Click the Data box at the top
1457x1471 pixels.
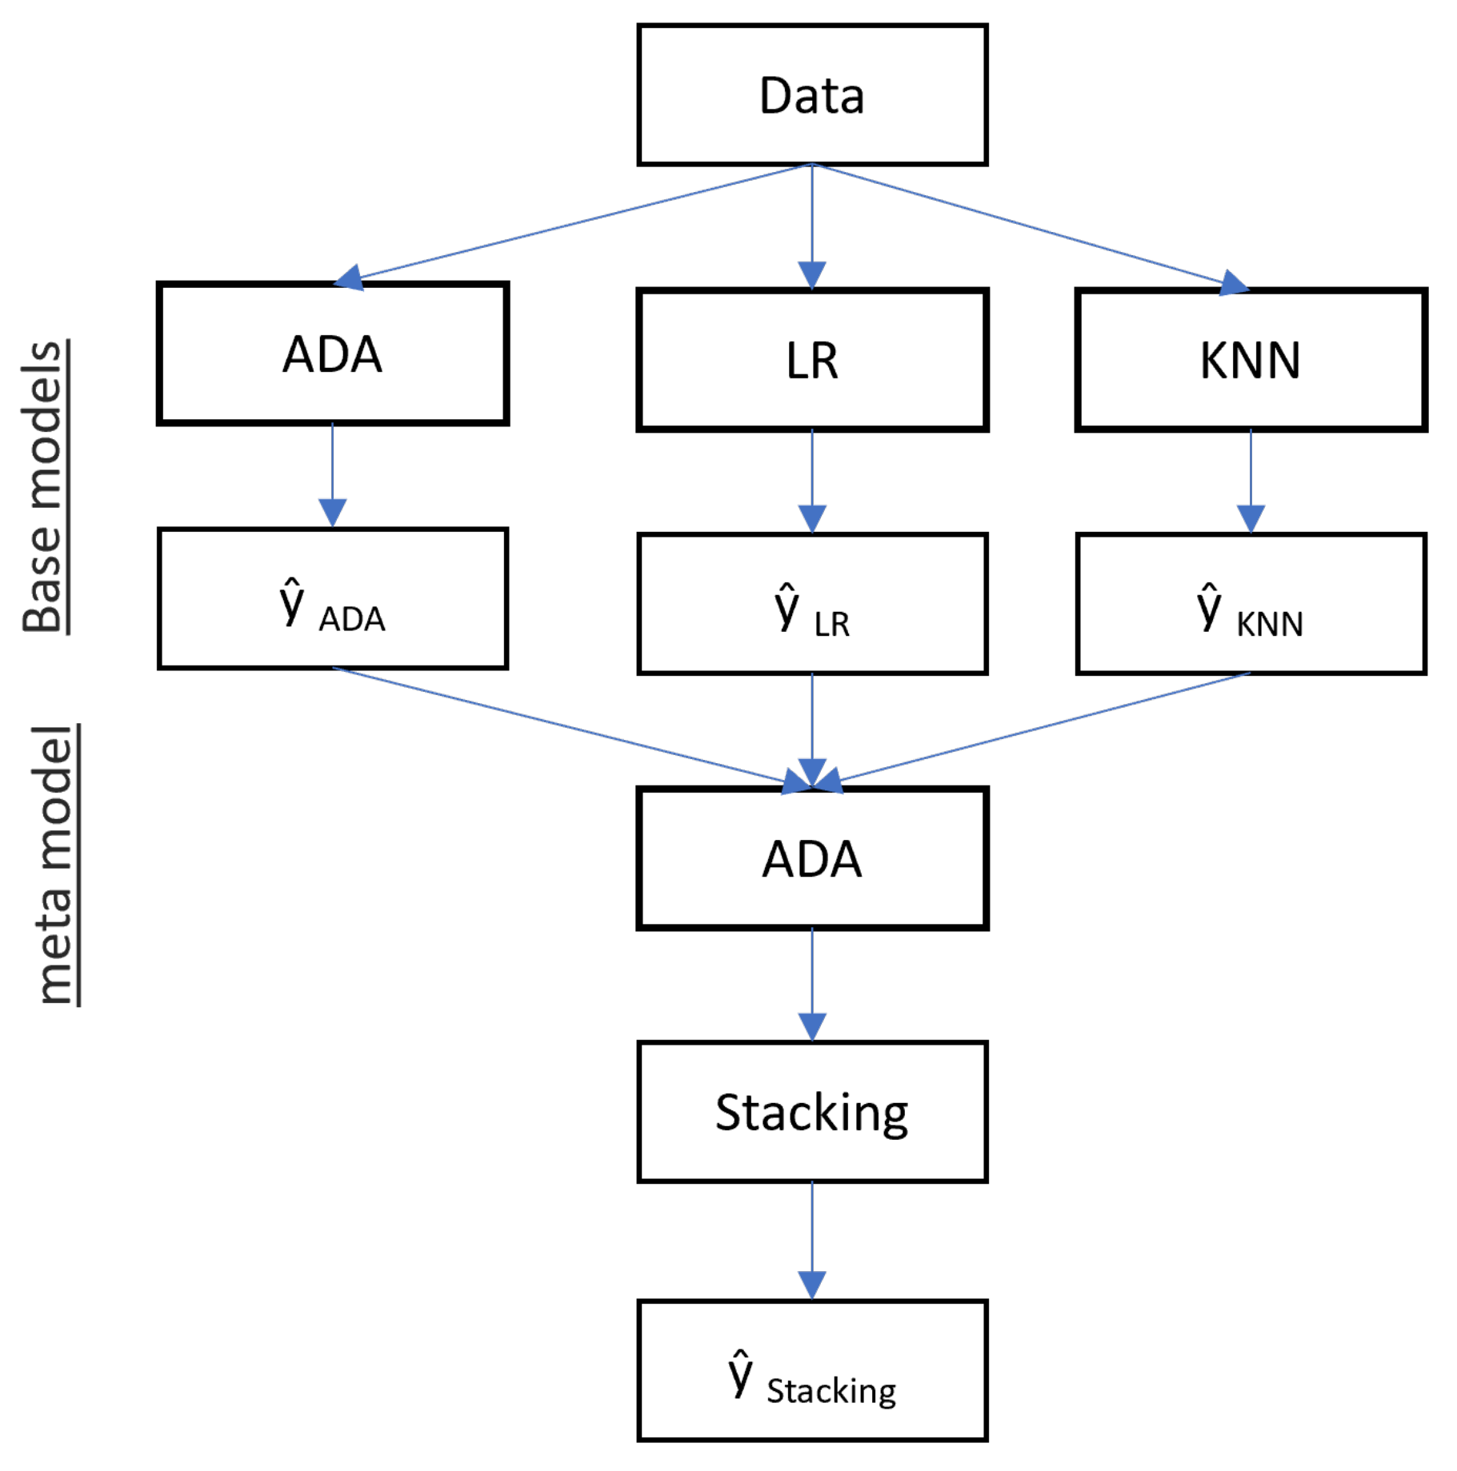811,95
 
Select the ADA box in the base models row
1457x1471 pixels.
332,354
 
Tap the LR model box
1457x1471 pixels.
811,360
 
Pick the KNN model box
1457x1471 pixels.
1250,360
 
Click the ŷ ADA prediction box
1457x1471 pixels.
332,598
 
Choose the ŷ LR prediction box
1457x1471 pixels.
811,604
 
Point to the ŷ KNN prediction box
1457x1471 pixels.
1250,604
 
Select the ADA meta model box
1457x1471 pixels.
811,858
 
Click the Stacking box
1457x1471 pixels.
811,1112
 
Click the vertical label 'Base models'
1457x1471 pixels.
44,486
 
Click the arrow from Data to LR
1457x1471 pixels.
811,224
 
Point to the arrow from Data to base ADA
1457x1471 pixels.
576,223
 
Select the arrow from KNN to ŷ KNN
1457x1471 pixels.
1250,480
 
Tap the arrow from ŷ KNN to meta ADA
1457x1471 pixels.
1040,728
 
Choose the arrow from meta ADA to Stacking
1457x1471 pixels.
811,984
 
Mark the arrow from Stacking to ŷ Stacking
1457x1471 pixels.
811,1240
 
